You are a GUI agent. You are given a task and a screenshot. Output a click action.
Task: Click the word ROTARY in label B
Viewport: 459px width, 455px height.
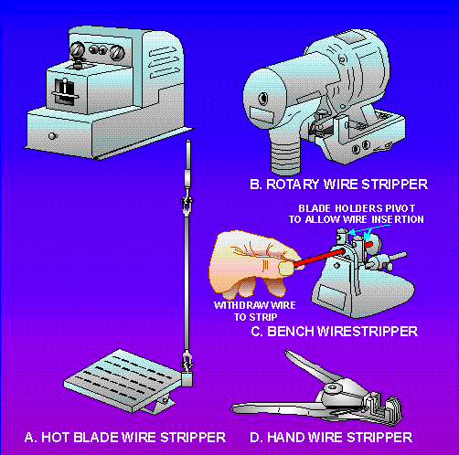pos(293,185)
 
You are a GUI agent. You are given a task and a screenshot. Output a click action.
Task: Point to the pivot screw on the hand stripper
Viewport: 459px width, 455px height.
pos(331,388)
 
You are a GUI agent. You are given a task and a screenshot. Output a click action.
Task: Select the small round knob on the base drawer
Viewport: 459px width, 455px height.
pos(52,136)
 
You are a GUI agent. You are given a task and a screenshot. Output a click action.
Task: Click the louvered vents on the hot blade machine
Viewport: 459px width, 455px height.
pos(163,63)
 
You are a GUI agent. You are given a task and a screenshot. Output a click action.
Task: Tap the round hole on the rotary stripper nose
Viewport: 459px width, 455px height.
pos(262,98)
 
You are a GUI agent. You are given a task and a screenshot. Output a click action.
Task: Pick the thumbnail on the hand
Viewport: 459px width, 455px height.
pos(286,269)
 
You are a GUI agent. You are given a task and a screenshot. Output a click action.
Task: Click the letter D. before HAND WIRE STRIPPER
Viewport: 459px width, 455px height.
pos(256,438)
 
